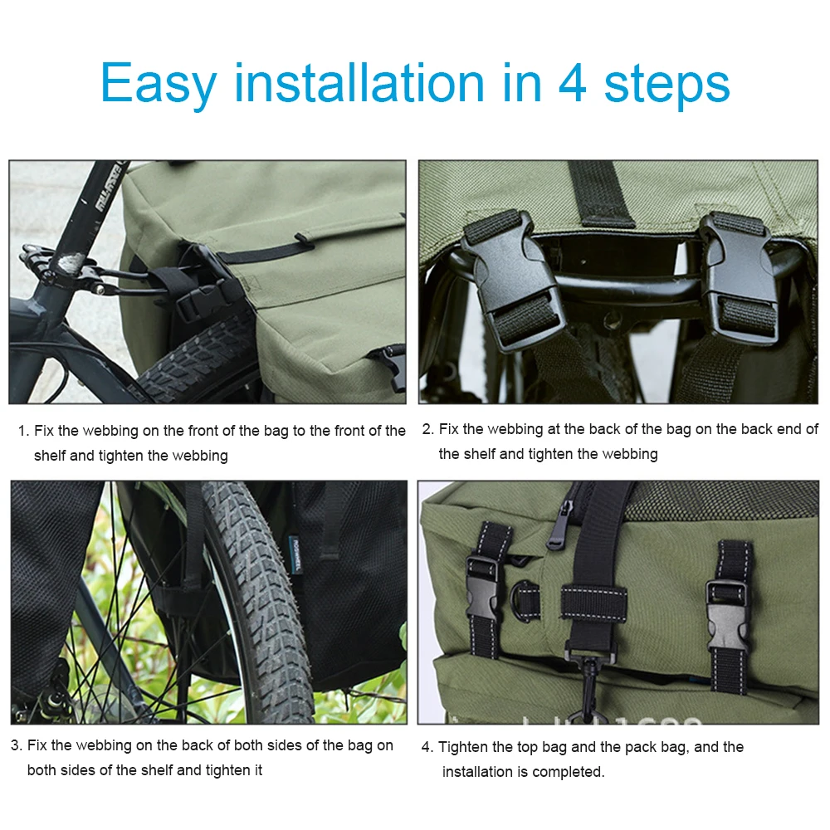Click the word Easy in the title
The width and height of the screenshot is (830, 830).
158,83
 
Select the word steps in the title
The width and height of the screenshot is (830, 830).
668,85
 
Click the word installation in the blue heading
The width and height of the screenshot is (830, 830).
359,83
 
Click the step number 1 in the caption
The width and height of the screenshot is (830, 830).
22,431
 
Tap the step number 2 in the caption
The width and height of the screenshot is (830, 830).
427,429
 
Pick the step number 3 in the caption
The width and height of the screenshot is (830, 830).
16,745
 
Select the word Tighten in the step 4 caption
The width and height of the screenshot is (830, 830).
463,747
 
